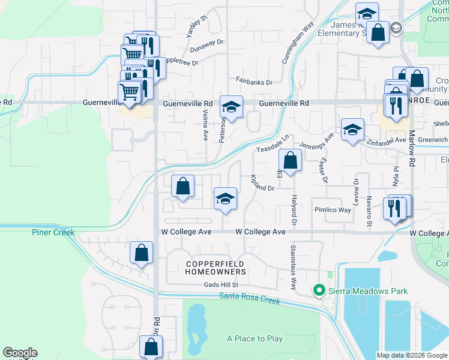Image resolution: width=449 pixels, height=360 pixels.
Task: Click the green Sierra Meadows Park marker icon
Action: tap(319, 291)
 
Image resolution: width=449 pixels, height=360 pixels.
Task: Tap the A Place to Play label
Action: tap(255, 338)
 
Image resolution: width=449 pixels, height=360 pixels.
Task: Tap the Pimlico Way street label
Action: tap(333, 210)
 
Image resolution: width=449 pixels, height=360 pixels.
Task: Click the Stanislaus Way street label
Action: tap(294, 266)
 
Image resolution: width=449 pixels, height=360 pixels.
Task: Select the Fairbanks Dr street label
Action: tap(254, 81)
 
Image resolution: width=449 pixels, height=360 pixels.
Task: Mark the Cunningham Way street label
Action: tap(298, 43)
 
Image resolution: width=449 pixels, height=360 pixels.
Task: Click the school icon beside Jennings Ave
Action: tap(352, 129)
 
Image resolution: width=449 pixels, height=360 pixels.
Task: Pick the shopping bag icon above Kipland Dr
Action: tap(290, 161)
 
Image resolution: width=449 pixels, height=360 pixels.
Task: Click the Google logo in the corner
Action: tap(20, 353)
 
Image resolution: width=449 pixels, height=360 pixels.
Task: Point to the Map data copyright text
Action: tap(412, 355)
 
